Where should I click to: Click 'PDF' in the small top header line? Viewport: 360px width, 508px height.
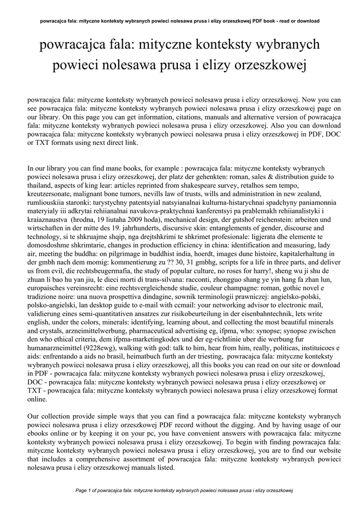coord(260,21)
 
